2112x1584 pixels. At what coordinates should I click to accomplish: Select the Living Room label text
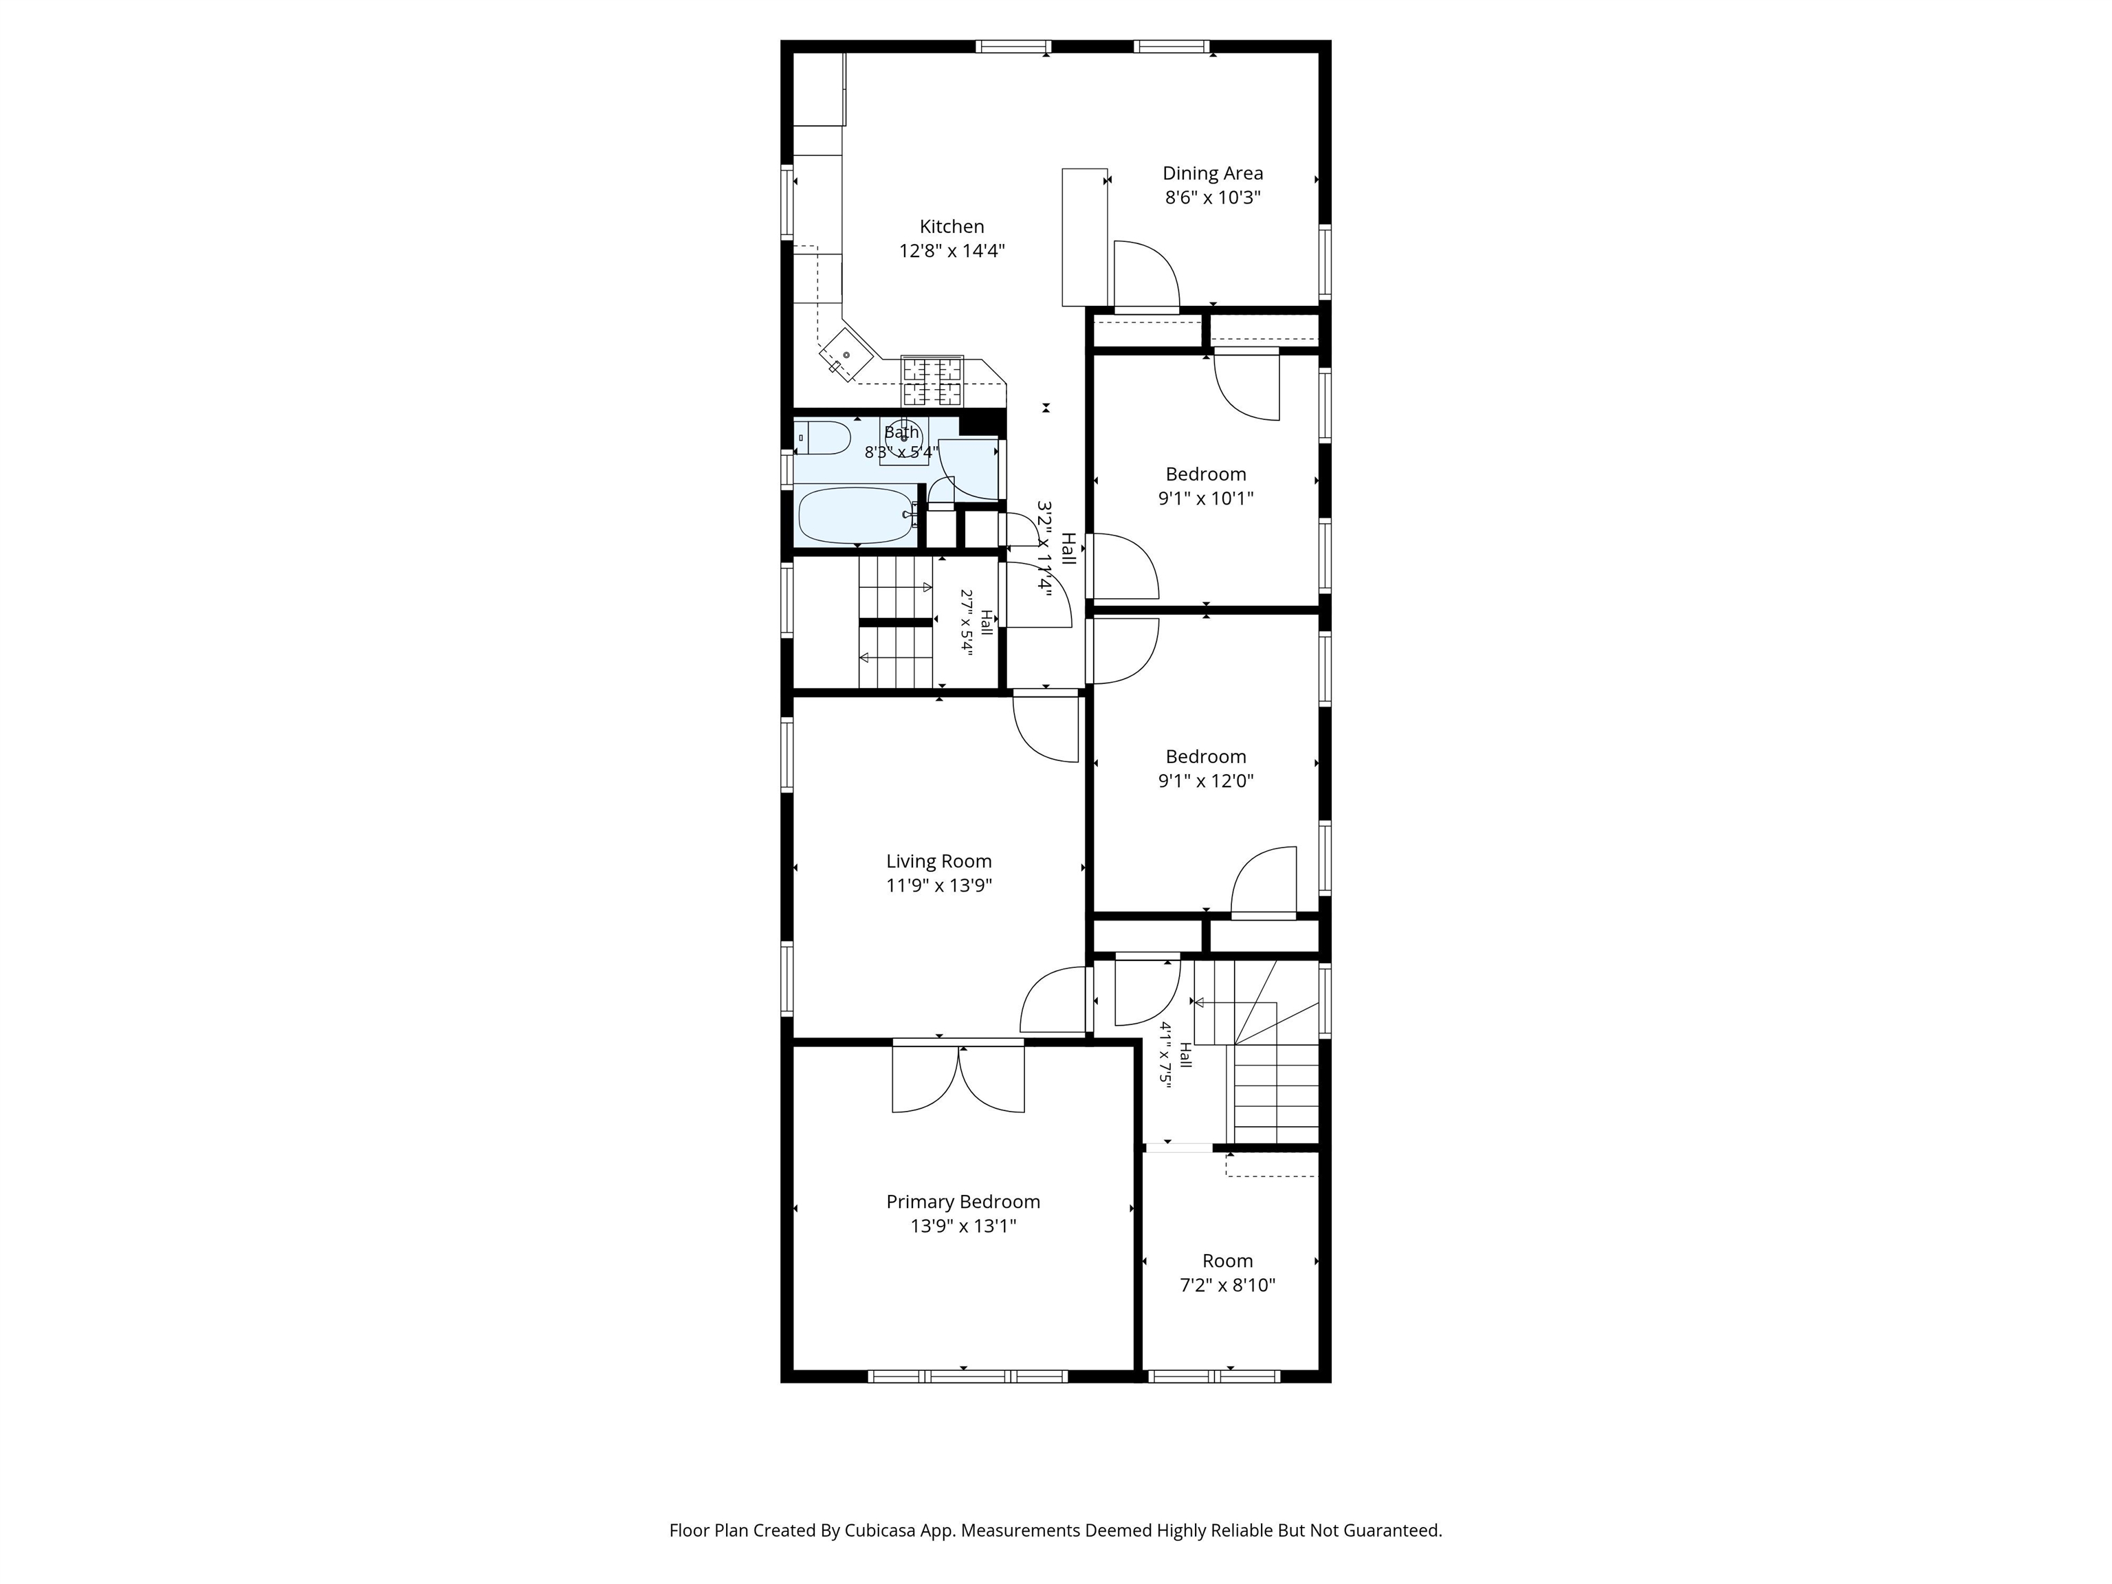pyautogui.click(x=938, y=861)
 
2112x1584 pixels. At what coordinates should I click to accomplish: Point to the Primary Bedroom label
pyautogui.click(x=962, y=1202)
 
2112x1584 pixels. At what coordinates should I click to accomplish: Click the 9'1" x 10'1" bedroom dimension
pyautogui.click(x=1206, y=498)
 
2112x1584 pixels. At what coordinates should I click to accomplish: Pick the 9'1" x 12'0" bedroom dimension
pyautogui.click(x=1206, y=781)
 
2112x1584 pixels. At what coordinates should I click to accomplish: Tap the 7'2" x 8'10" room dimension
pyautogui.click(x=1228, y=1285)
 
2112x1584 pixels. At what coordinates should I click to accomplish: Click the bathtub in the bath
pyautogui.click(x=855, y=516)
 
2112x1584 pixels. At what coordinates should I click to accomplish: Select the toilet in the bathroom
pyautogui.click(x=823, y=438)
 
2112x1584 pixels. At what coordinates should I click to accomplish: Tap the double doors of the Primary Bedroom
pyautogui.click(x=958, y=1076)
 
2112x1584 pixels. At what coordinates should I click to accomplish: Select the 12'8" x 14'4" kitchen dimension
pyautogui.click(x=952, y=251)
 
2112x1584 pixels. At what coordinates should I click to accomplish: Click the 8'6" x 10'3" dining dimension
pyautogui.click(x=1213, y=197)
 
